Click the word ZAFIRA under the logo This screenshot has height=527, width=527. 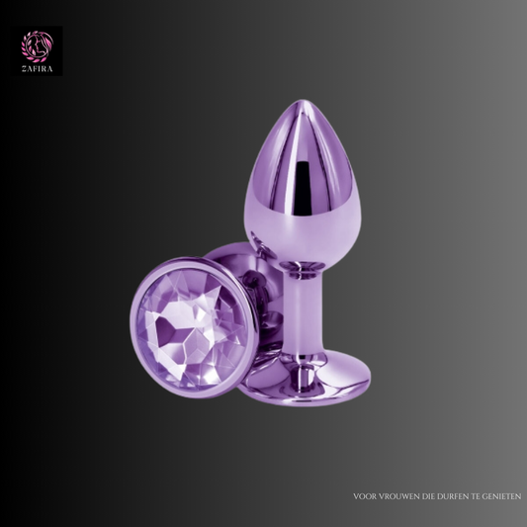pyautogui.click(x=38, y=69)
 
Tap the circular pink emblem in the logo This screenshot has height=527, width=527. pyautogui.click(x=38, y=46)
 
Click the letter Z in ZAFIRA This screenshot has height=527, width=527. pyautogui.click(x=24, y=69)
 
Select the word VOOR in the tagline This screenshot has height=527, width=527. pyautogui.click(x=365, y=496)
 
